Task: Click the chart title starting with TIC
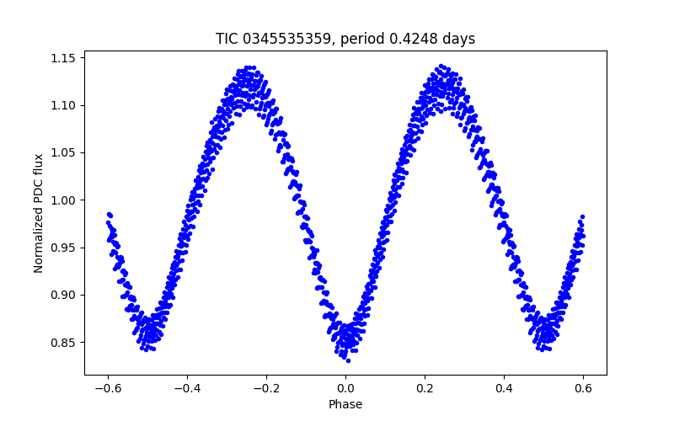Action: click(x=345, y=39)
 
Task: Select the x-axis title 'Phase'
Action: click(x=345, y=405)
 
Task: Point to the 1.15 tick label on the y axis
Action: click(x=64, y=58)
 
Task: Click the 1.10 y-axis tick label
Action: click(x=64, y=105)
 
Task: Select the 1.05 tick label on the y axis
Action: click(x=64, y=152)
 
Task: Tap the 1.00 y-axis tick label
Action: click(x=64, y=200)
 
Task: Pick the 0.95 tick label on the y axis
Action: click(x=64, y=248)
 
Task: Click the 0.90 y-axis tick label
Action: click(x=64, y=295)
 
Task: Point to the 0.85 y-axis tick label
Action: click(x=64, y=343)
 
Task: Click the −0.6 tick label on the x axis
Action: click(x=108, y=388)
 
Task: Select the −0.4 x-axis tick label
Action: click(x=187, y=388)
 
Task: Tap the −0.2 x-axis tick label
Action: click(x=266, y=388)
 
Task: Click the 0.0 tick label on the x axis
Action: click(x=345, y=388)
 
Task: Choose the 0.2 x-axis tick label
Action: click(x=425, y=388)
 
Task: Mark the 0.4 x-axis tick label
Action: click(x=504, y=388)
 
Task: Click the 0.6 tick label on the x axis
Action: click(x=583, y=388)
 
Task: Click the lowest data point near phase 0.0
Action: click(x=348, y=360)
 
